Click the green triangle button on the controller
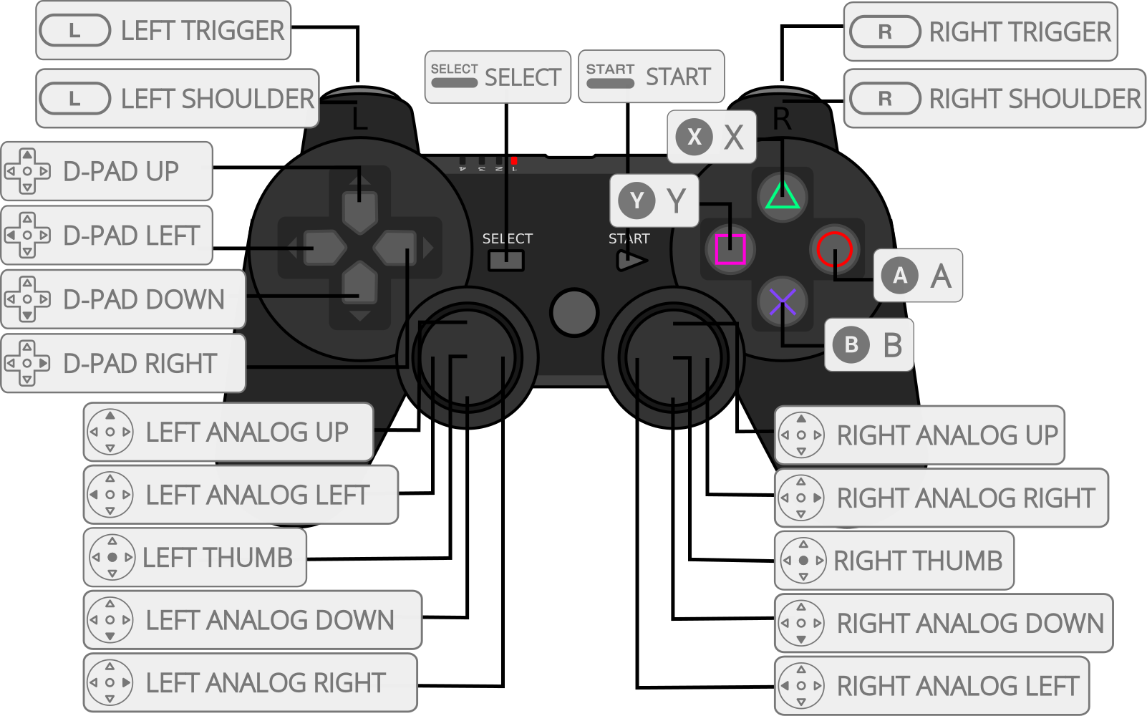[783, 195]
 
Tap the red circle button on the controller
[834, 249]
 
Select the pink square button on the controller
[730, 249]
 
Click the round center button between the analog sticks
[573, 313]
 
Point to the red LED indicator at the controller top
[514, 161]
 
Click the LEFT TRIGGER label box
[163, 31]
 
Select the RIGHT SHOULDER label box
[994, 99]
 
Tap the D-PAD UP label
[107, 172]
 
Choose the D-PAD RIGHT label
[123, 364]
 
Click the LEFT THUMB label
[195, 558]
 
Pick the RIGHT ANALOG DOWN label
[944, 624]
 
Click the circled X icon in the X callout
[694, 137]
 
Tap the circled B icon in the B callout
[851, 345]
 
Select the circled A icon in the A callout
[900, 276]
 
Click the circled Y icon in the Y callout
[637, 200]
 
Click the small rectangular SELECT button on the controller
[506, 261]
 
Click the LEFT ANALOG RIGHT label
[251, 683]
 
